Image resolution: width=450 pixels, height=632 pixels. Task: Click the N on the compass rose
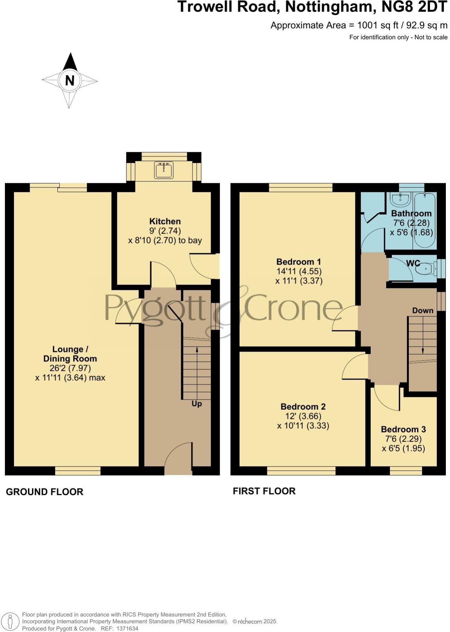click(69, 81)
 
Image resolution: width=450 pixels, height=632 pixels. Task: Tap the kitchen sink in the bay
click(164, 170)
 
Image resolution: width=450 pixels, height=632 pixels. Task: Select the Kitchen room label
click(165, 222)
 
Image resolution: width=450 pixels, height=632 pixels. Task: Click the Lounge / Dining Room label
click(70, 354)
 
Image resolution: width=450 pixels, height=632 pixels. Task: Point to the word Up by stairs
click(196, 404)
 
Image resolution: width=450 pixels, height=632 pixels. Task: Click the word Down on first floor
click(422, 310)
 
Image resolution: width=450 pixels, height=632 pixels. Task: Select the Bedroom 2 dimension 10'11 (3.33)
click(303, 426)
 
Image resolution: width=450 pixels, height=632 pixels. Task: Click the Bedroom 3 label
click(403, 429)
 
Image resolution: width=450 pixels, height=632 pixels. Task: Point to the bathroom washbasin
click(398, 199)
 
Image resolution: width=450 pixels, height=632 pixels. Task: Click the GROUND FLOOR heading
click(45, 492)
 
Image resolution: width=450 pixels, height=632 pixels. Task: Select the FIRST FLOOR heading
click(264, 491)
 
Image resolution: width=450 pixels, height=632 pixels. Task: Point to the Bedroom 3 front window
click(406, 471)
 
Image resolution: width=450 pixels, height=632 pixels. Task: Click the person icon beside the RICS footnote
click(11, 621)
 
